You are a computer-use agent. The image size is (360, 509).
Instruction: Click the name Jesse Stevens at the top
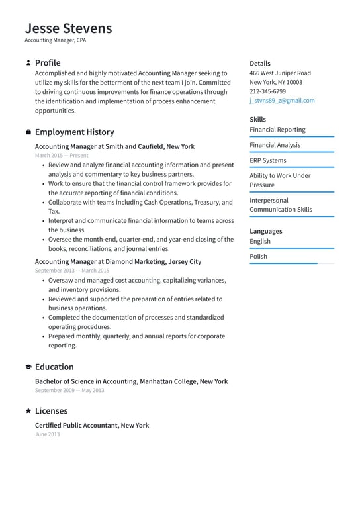click(x=68, y=28)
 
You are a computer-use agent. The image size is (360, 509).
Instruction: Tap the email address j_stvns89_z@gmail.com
click(x=282, y=101)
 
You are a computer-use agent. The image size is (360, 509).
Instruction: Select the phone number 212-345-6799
click(x=267, y=91)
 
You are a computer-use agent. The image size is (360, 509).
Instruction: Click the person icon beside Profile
click(x=28, y=63)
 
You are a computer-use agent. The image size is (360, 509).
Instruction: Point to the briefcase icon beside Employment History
click(x=28, y=132)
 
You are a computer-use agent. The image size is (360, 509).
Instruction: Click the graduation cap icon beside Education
click(x=28, y=367)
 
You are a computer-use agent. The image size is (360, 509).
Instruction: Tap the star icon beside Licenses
click(x=28, y=411)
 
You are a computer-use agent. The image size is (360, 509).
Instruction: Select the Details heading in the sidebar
click(x=260, y=64)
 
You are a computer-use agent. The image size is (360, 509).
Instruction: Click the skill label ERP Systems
click(x=267, y=160)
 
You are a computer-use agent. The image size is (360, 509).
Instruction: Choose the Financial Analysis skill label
click(x=275, y=145)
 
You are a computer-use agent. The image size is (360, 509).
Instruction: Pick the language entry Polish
click(x=259, y=257)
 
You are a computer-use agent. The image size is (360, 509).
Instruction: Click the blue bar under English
click(x=292, y=248)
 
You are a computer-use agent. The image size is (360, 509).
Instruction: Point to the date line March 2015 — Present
click(x=61, y=155)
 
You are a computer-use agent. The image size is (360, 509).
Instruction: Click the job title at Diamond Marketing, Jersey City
click(x=118, y=262)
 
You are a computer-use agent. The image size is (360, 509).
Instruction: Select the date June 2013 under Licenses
click(x=47, y=434)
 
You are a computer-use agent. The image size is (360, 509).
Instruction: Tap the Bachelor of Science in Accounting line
click(x=131, y=381)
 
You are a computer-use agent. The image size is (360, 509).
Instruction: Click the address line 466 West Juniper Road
click(x=280, y=73)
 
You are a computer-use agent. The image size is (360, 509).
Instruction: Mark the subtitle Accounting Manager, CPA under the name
click(x=55, y=40)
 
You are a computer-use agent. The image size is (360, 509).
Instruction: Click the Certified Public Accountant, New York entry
click(x=92, y=426)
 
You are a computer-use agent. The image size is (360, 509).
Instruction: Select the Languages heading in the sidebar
click(x=265, y=231)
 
